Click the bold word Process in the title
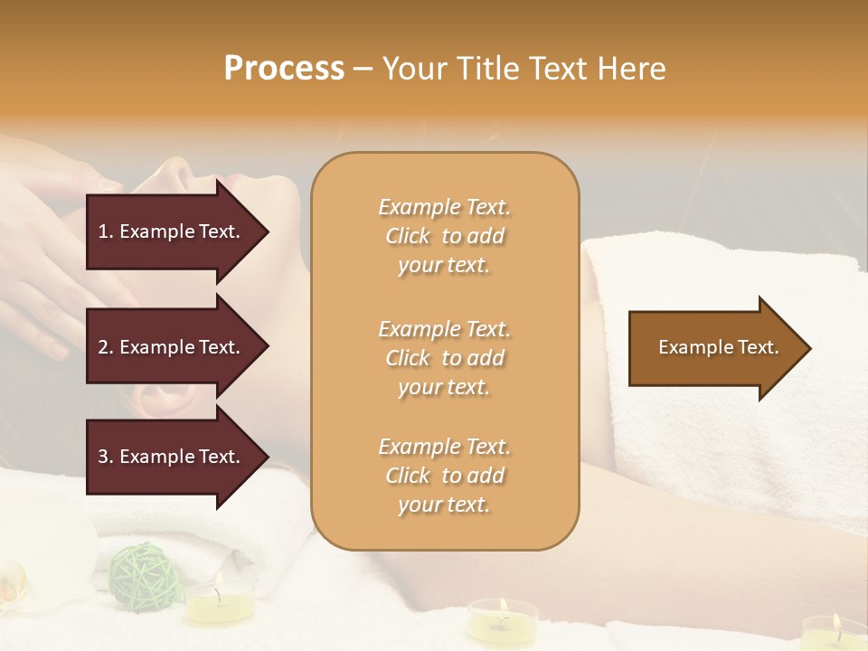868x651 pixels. click(284, 69)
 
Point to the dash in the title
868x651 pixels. click(363, 70)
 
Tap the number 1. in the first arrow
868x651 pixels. click(106, 231)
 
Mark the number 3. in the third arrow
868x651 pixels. click(106, 457)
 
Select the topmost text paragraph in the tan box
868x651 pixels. click(444, 236)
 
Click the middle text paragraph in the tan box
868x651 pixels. click(444, 358)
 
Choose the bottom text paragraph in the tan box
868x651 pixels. click(444, 476)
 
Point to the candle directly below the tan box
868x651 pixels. click(502, 619)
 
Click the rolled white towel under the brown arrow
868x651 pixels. click(723, 434)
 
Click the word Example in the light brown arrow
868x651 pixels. click(689, 347)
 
